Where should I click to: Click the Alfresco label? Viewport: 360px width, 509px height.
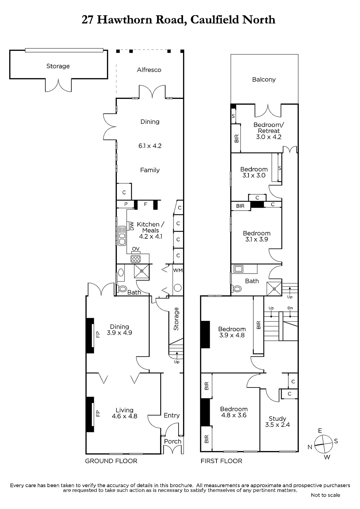pyautogui.click(x=149, y=70)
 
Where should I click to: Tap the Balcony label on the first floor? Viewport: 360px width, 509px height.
pyautogui.click(x=264, y=80)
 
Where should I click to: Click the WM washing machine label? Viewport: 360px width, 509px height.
pyautogui.click(x=178, y=270)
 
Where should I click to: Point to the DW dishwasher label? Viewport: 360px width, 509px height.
pyautogui.click(x=131, y=226)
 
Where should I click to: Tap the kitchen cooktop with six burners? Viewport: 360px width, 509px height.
pyautogui.click(x=136, y=259)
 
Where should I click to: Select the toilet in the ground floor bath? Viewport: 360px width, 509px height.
pyautogui.click(x=123, y=289)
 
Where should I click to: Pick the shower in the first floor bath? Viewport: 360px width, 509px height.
pyautogui.click(x=274, y=289)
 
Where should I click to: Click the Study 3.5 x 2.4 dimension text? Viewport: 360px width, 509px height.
pyautogui.click(x=278, y=425)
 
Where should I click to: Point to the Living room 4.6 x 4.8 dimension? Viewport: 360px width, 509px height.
pyautogui.click(x=125, y=416)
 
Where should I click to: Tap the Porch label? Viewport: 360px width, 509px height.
pyautogui.click(x=173, y=441)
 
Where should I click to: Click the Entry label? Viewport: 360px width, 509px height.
pyautogui.click(x=172, y=415)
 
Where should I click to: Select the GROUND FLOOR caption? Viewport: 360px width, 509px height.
pyautogui.click(x=111, y=461)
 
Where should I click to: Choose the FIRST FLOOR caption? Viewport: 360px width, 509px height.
pyautogui.click(x=221, y=461)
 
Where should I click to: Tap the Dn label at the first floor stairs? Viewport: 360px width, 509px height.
pyautogui.click(x=290, y=308)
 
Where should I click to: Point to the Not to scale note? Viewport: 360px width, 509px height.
pyautogui.click(x=325, y=495)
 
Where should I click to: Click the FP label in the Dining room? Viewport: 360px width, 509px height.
pyautogui.click(x=98, y=334)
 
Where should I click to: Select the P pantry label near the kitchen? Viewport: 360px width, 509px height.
pyautogui.click(x=126, y=204)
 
